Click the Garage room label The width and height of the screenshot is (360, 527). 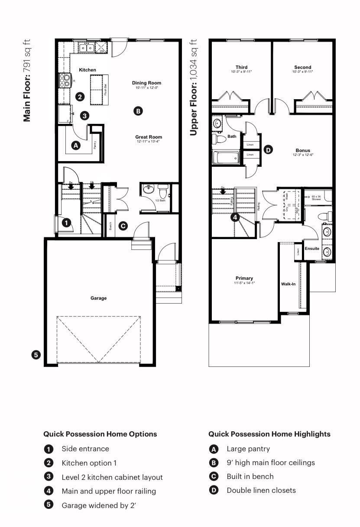click(x=98, y=298)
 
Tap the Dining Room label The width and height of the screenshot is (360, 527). click(x=146, y=83)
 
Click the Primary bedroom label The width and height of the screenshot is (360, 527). click(x=244, y=278)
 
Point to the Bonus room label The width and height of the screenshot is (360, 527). click(x=303, y=150)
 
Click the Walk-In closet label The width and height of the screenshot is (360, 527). click(x=289, y=285)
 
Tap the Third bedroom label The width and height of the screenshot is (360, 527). click(x=241, y=67)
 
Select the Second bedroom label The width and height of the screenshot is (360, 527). click(x=302, y=67)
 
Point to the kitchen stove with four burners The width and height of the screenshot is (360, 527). click(x=65, y=81)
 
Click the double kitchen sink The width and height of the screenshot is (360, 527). click(x=86, y=47)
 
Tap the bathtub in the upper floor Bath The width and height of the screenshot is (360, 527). click(x=226, y=157)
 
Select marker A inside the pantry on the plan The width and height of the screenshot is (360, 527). click(x=76, y=145)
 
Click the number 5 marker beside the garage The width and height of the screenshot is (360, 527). click(x=36, y=355)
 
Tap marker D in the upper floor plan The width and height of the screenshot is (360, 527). click(x=268, y=150)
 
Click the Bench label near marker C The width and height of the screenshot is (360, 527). click(x=110, y=226)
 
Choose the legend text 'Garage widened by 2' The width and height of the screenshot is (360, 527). click(x=99, y=505)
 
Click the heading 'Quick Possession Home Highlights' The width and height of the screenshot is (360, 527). click(x=269, y=434)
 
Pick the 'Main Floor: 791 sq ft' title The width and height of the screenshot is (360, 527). click(x=27, y=81)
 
